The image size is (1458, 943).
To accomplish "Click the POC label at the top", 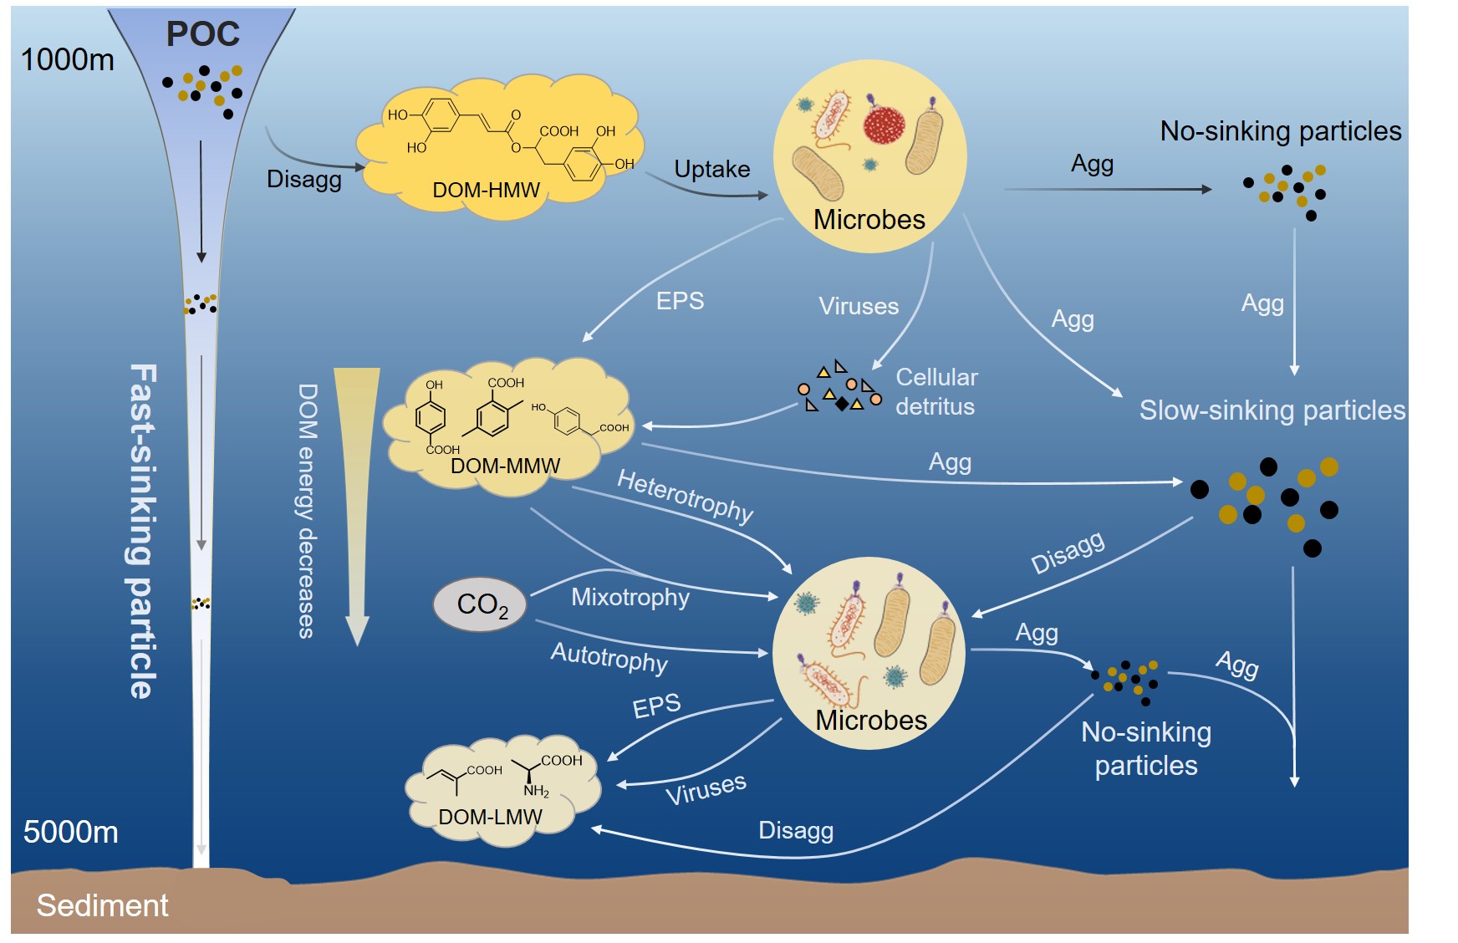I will click(x=203, y=34).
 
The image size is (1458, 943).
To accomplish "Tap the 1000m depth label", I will click(x=67, y=59).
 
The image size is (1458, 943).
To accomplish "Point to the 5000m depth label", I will click(x=70, y=832).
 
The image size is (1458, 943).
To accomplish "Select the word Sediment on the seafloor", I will click(x=102, y=905).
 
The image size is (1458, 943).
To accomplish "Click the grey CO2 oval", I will click(x=481, y=604).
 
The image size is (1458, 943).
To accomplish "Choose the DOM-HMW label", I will click(x=486, y=191).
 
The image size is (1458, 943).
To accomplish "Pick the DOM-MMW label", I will click(x=505, y=466).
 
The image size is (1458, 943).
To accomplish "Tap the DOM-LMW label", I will click(x=490, y=817).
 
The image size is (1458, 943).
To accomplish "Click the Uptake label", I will click(x=711, y=169).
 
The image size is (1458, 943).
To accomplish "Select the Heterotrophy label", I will click(x=686, y=495).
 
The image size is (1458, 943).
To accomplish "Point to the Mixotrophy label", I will click(x=630, y=597).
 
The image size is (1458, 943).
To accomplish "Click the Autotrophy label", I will click(x=609, y=657).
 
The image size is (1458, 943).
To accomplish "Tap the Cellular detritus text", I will click(x=936, y=392).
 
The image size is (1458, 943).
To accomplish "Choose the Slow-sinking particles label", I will click(x=1272, y=410).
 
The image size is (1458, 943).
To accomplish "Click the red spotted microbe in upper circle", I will click(x=884, y=125).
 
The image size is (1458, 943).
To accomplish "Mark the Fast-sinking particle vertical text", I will click(x=142, y=531).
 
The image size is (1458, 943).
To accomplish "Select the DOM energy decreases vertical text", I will click(x=308, y=511).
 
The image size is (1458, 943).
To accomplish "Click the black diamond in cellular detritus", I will click(x=842, y=405).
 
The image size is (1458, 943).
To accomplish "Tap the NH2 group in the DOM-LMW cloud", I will click(x=536, y=791).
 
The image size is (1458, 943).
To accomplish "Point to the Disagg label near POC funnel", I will click(x=303, y=179).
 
